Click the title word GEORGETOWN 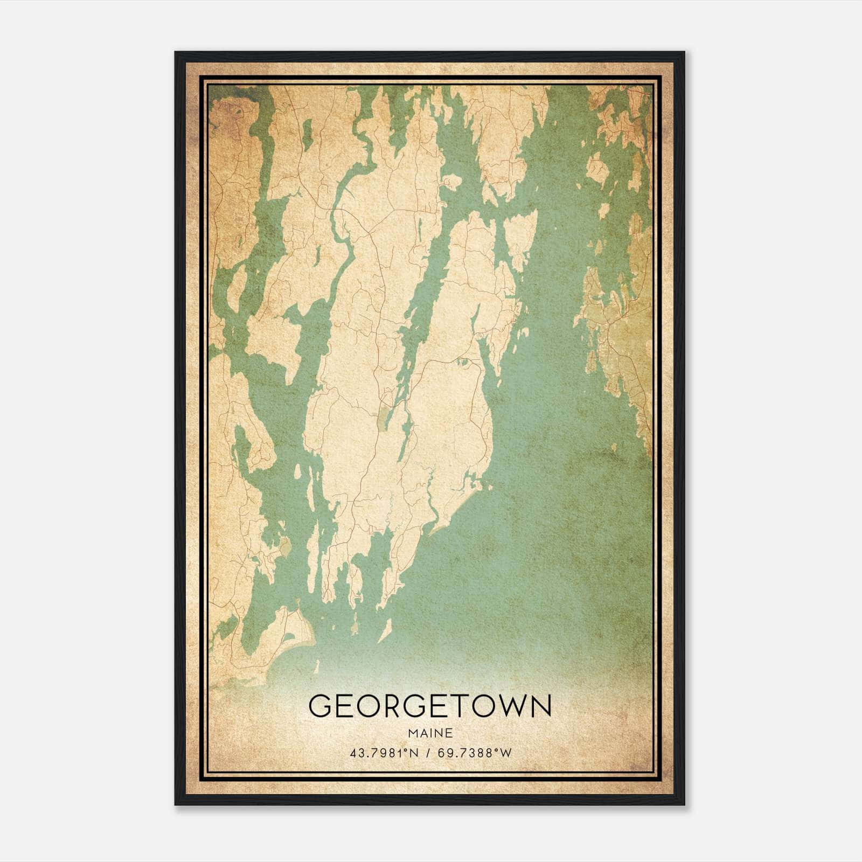coord(430,706)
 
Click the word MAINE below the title coord(430,733)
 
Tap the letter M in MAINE coord(412,733)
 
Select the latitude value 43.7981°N coord(384,753)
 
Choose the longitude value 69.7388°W coord(474,753)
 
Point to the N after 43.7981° coord(414,753)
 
